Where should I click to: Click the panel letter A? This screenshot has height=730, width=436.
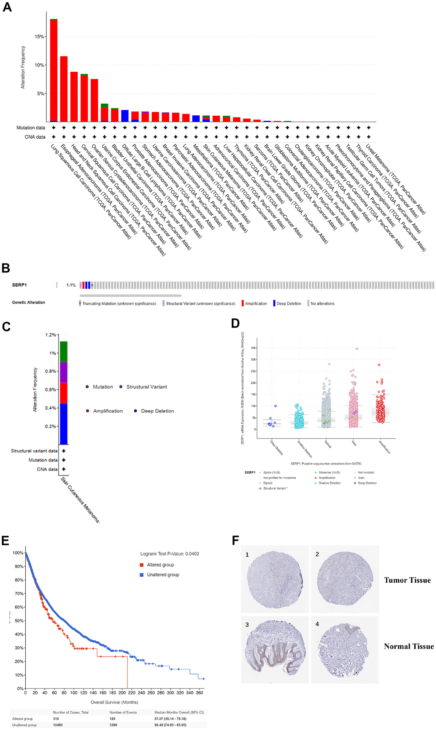(x=7, y=7)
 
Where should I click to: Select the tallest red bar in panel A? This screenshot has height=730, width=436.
(x=54, y=70)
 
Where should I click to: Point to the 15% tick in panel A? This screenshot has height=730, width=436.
(x=39, y=37)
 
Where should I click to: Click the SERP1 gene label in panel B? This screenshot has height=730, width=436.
(x=19, y=285)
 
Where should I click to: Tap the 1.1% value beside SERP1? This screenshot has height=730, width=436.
(x=71, y=285)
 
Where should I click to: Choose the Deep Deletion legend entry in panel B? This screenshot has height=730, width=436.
(x=289, y=304)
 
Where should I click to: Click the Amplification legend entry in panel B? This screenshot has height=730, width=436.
(x=256, y=304)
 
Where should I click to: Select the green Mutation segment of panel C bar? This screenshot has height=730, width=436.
(x=64, y=352)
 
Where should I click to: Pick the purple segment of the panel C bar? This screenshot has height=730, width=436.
(x=64, y=372)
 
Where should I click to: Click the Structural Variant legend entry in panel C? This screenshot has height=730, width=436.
(x=146, y=387)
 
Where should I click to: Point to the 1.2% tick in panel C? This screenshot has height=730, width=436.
(x=50, y=335)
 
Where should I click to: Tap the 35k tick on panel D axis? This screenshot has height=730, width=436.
(x=253, y=348)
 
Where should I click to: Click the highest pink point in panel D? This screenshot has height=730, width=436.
(x=357, y=349)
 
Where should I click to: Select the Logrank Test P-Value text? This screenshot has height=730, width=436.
(x=170, y=554)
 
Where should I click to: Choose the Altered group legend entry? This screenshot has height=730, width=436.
(x=160, y=565)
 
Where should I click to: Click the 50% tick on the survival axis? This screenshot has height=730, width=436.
(x=18, y=621)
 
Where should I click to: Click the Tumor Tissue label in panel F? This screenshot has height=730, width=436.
(x=407, y=580)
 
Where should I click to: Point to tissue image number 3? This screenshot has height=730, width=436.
(x=275, y=649)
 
